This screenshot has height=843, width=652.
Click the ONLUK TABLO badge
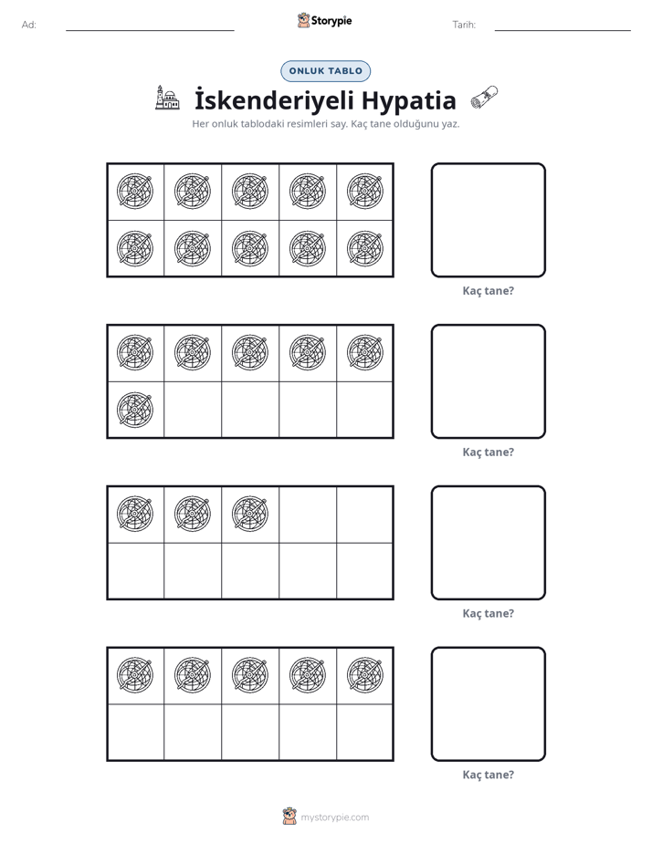click(x=325, y=71)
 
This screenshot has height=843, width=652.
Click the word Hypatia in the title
click(x=408, y=101)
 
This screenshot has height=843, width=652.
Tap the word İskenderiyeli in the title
click(x=274, y=100)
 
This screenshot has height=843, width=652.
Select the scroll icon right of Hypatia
click(x=484, y=98)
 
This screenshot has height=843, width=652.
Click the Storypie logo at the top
click(x=325, y=20)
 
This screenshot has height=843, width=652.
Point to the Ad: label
click(x=29, y=25)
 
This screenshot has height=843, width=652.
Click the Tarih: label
click(x=464, y=25)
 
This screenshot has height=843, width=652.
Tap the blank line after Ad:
click(x=150, y=31)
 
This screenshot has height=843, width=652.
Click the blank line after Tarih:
click(x=563, y=31)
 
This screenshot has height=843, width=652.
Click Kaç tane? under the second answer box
click(x=489, y=453)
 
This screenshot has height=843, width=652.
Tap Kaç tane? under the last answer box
click(x=489, y=775)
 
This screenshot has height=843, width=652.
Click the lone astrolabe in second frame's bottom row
click(x=135, y=410)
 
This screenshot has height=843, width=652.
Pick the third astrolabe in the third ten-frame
click(x=250, y=514)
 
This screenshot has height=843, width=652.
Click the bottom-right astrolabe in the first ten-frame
click(x=365, y=248)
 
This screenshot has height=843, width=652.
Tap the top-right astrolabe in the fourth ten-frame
click(x=365, y=675)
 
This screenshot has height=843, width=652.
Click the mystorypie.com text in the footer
click(x=334, y=817)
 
